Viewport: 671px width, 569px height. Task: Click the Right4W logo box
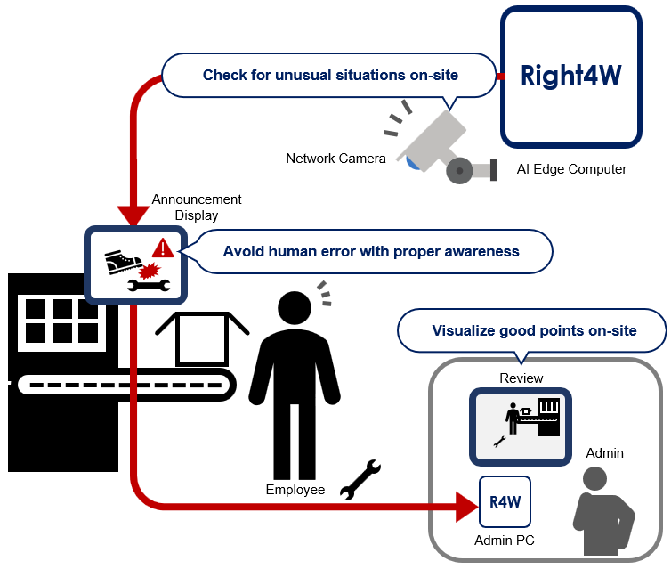pos(570,76)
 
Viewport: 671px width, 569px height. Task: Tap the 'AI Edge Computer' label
pos(571,169)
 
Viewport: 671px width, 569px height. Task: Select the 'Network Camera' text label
pos(335,159)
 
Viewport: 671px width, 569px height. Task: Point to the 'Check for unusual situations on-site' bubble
pos(330,75)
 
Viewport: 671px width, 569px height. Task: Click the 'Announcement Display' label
pos(197,207)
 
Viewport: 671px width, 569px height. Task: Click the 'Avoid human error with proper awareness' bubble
pos(371,251)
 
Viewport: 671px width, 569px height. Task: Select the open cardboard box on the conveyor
pos(201,338)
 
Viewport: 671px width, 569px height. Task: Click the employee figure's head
pos(296,308)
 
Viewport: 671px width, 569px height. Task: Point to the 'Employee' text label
pos(295,490)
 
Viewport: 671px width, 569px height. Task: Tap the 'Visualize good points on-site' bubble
pos(534,330)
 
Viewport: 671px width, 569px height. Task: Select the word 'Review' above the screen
pos(521,378)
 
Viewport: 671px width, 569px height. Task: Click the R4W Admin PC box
pos(505,502)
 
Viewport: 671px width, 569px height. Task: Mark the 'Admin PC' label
pos(505,541)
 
